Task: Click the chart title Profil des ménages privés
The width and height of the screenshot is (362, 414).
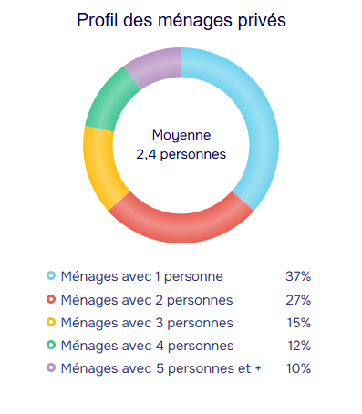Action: (181, 20)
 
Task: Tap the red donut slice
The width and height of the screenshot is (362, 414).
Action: (181, 227)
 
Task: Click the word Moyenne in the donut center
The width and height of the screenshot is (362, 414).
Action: (181, 135)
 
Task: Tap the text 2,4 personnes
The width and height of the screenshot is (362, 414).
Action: (181, 154)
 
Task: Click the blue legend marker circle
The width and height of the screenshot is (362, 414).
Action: (51, 275)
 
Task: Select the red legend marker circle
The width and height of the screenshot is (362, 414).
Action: (51, 299)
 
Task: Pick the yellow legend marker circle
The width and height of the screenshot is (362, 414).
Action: (51, 322)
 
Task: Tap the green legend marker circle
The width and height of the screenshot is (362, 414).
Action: (51, 345)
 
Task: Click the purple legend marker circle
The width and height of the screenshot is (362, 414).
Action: (51, 367)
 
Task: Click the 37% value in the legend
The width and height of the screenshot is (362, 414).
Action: (298, 276)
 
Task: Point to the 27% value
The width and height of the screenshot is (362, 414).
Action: (298, 300)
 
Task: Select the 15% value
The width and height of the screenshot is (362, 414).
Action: (299, 323)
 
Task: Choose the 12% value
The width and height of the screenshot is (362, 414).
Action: (300, 346)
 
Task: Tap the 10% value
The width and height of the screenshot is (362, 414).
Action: (299, 368)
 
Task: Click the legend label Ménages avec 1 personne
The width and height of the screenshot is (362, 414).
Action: (142, 276)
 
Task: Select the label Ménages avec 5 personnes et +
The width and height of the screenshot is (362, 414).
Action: (161, 368)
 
